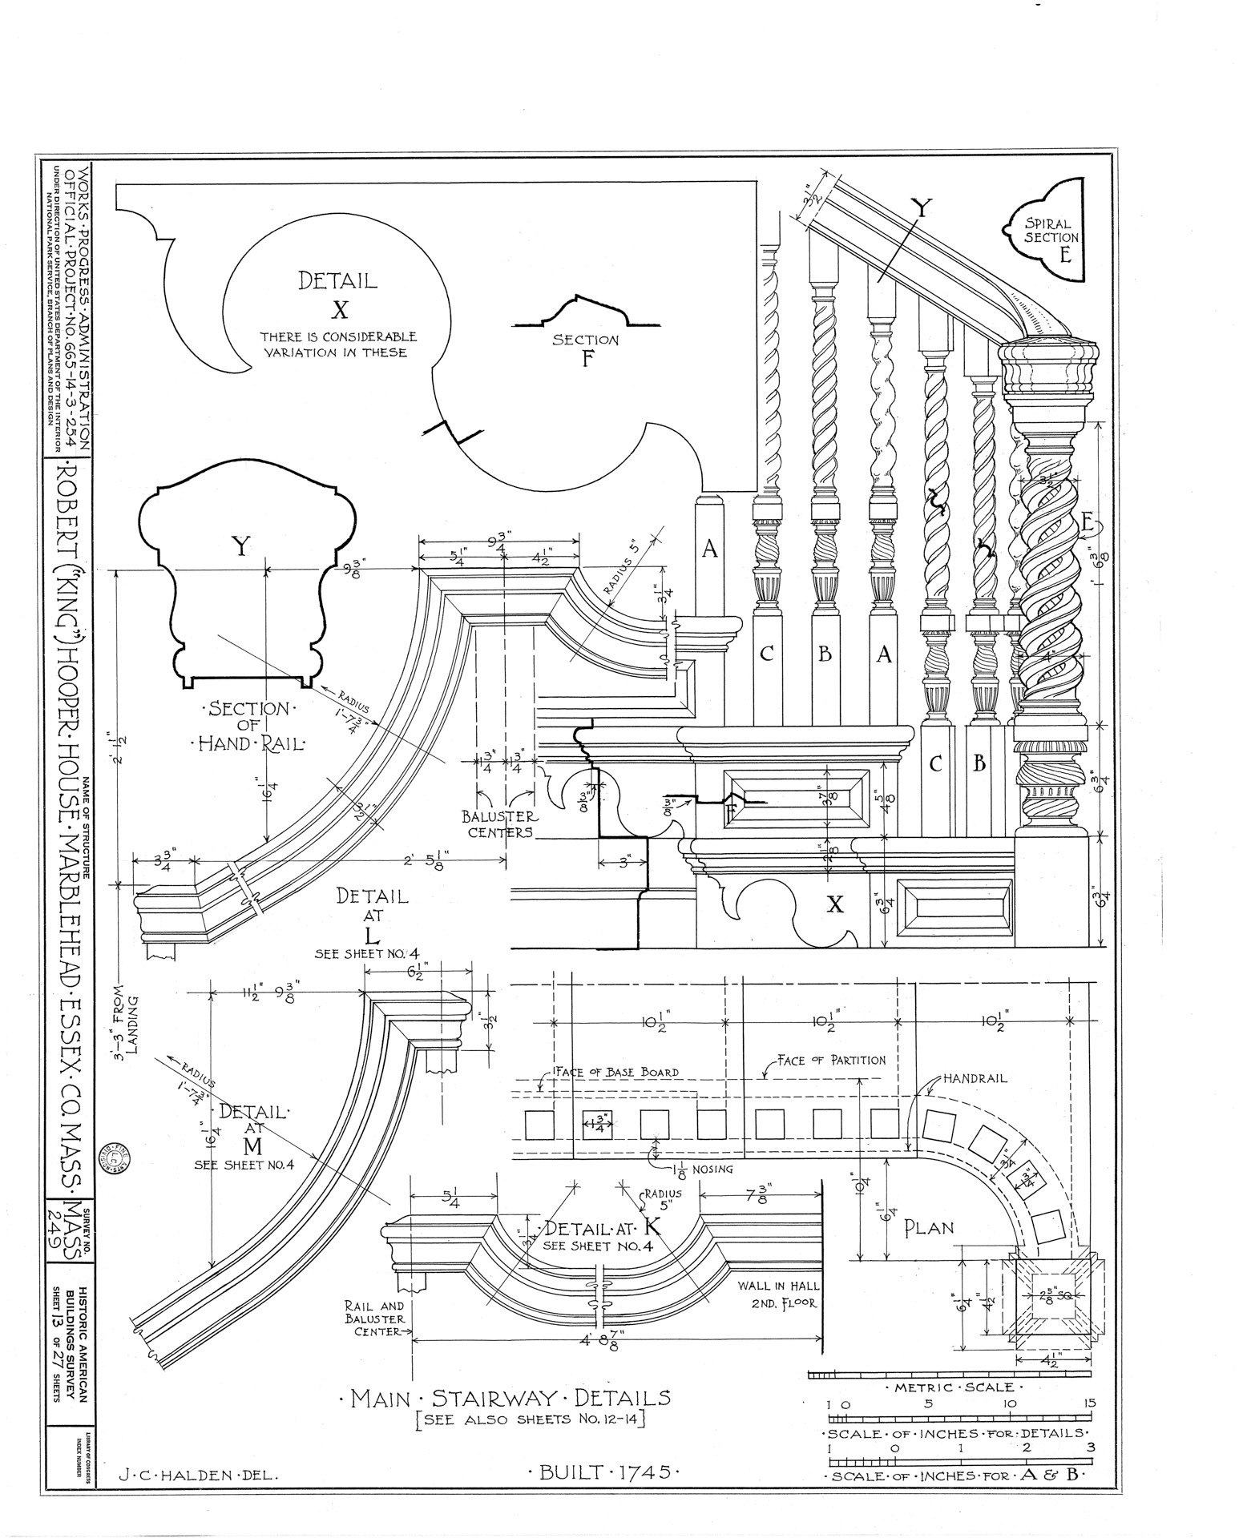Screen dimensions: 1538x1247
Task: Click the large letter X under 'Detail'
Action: point(338,308)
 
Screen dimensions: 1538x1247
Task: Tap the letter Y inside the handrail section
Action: point(240,547)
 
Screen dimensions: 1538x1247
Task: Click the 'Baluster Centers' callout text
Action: point(499,823)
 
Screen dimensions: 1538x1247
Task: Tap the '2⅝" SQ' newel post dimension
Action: point(1053,1294)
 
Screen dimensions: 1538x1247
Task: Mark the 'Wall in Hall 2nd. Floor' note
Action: point(777,1294)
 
